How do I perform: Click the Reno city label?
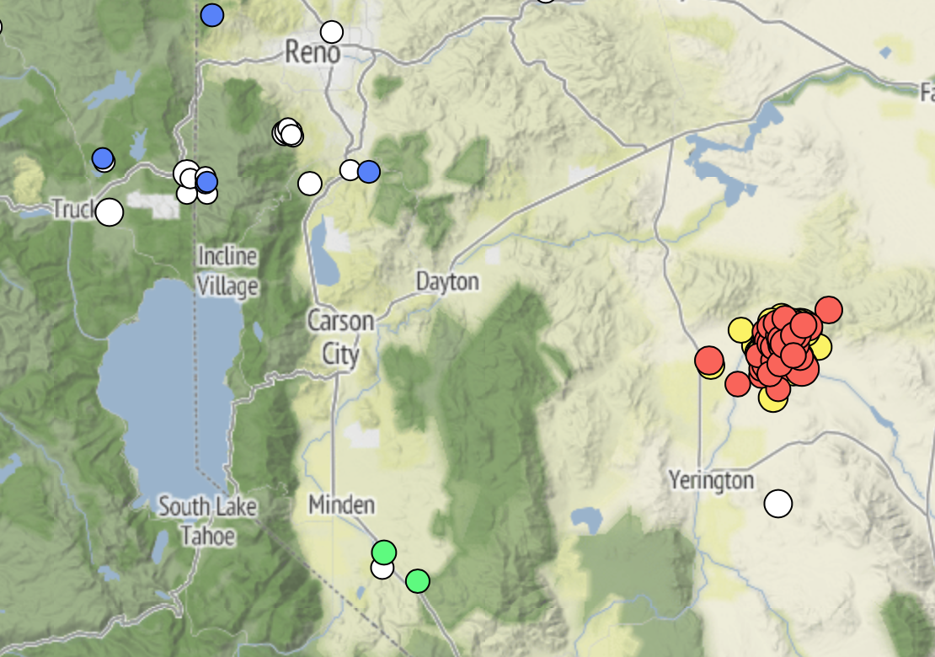click(313, 53)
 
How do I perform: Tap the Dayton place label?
click(447, 281)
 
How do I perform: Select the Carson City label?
click(340, 337)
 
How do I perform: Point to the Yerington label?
click(711, 480)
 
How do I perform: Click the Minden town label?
click(341, 505)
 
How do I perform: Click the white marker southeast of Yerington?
click(778, 504)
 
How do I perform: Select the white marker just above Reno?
click(332, 32)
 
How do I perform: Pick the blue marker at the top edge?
click(212, 15)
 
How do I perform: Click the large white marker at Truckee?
click(109, 212)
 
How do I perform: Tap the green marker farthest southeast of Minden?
click(417, 581)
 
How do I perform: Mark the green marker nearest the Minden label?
click(383, 553)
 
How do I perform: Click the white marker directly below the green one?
click(382, 569)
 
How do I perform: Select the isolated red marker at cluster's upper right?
click(828, 309)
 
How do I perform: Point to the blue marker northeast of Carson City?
click(368, 172)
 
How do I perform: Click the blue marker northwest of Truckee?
click(103, 158)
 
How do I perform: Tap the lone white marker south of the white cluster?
click(310, 183)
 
